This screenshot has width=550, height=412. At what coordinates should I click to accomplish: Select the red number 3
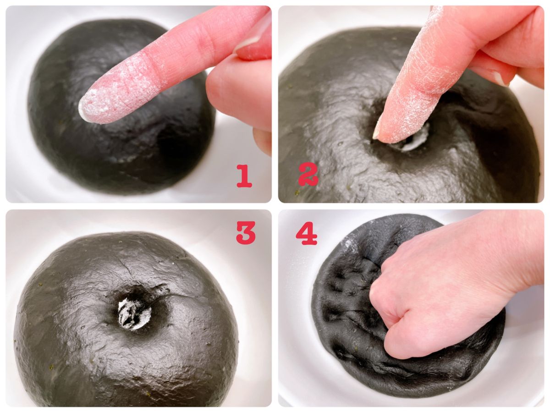coord(246,232)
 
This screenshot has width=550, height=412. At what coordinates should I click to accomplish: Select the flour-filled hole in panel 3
coord(134,313)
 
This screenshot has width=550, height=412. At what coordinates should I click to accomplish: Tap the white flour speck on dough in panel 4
coord(348,242)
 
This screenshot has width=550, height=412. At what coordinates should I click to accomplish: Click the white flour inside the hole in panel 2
coord(411,143)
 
